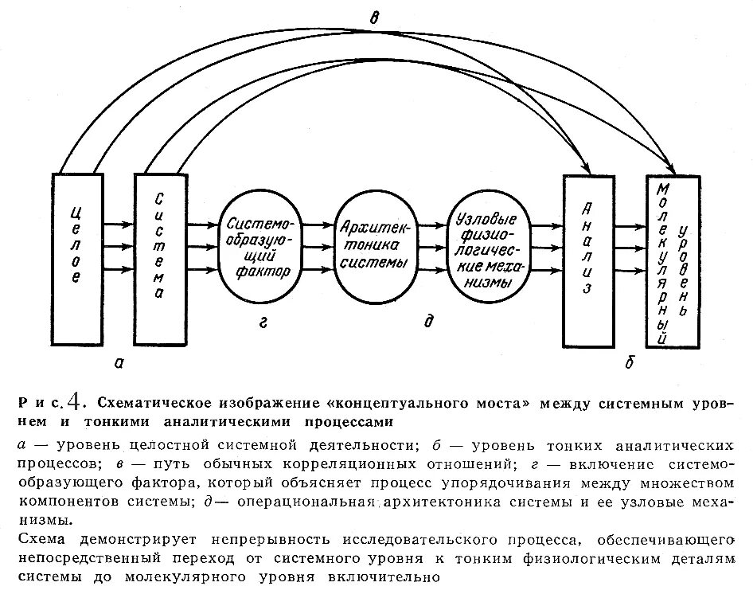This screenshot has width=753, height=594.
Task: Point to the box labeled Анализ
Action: pos(588,260)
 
